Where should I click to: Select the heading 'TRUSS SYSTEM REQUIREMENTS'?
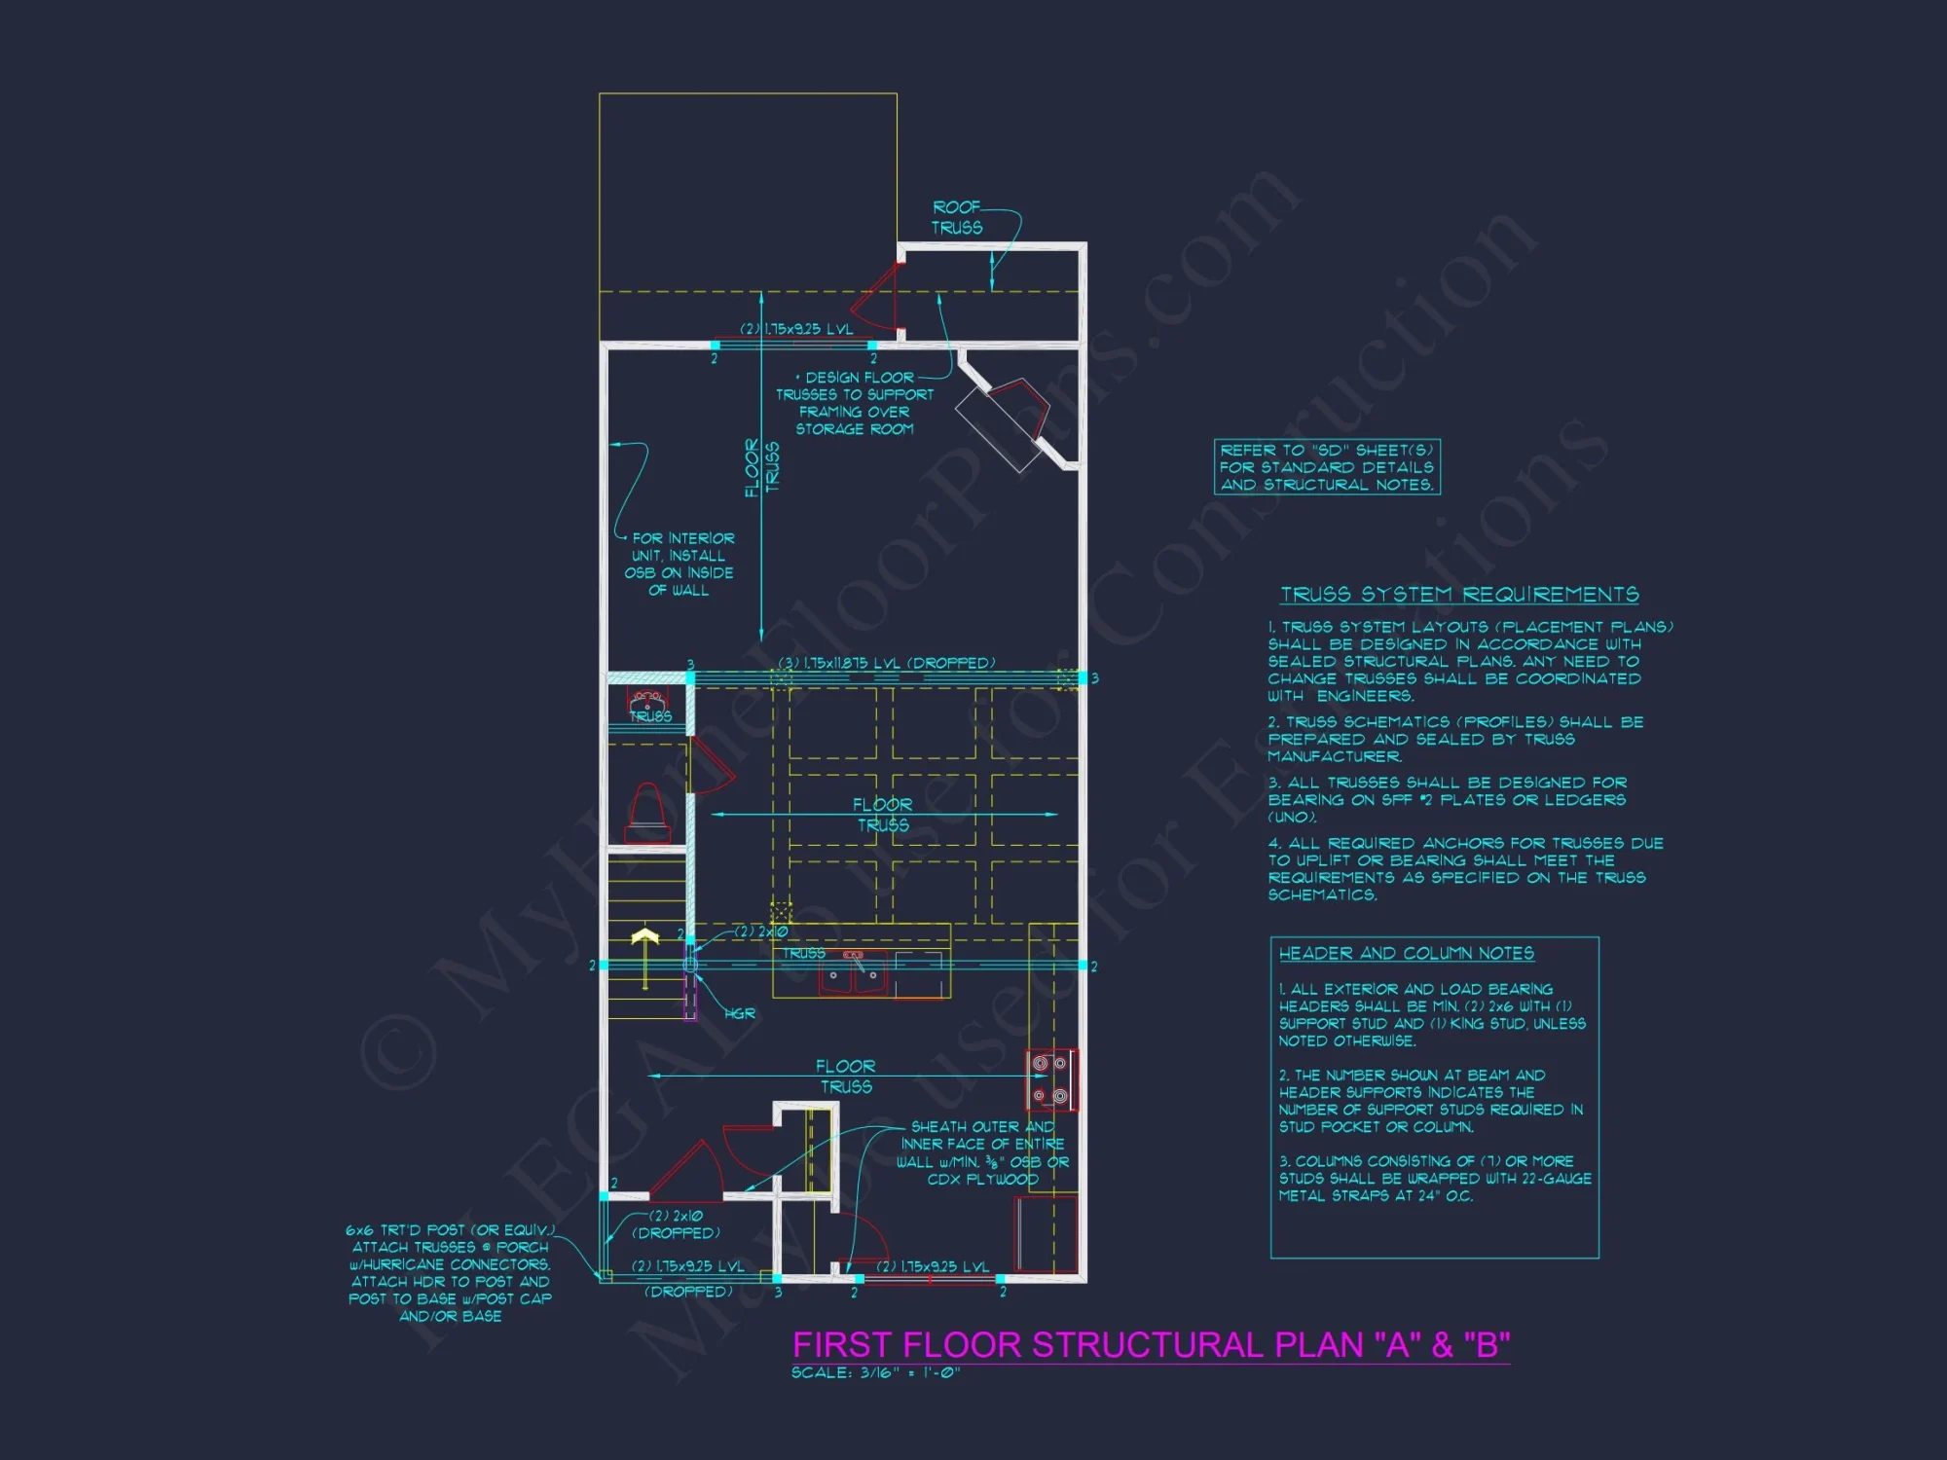tap(1458, 594)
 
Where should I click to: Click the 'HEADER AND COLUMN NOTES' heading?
tap(1406, 953)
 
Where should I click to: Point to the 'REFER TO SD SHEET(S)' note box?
tap(1327, 467)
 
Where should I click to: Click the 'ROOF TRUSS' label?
tap(957, 217)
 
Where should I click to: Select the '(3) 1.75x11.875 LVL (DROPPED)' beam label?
tap(886, 663)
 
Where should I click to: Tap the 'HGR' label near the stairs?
tap(740, 1013)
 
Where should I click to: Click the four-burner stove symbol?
tap(1050, 1079)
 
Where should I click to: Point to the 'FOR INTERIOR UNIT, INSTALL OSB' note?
tap(680, 564)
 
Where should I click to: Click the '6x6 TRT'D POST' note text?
tap(450, 1272)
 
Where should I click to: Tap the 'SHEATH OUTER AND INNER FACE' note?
tap(982, 1152)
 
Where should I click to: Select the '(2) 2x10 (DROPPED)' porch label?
tap(676, 1224)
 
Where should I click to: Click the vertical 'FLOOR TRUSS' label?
tap(761, 467)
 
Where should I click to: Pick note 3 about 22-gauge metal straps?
tap(1434, 1178)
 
